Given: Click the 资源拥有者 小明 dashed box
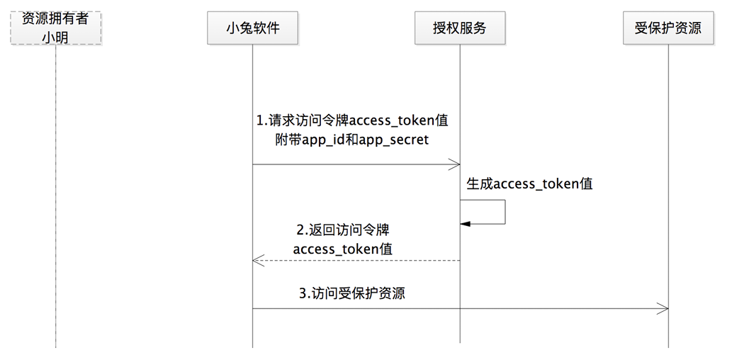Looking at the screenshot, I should [x=55, y=28].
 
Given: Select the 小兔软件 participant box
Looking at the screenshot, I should [x=252, y=28].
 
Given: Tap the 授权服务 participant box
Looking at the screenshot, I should [x=460, y=28].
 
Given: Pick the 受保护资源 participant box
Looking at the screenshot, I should [x=668, y=28].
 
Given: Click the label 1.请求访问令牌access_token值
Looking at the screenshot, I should [x=352, y=121].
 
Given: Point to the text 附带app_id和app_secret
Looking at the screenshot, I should [x=352, y=140].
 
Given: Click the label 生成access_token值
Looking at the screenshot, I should [x=529, y=184].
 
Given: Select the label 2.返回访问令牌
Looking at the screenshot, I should [x=343, y=230].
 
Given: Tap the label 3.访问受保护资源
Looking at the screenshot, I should [x=351, y=293].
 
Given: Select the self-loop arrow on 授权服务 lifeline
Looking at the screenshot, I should [x=505, y=212].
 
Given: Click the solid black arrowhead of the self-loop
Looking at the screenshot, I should [x=465, y=224].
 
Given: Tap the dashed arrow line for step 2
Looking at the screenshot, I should [x=354, y=261].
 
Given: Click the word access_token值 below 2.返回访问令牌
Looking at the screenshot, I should [x=343, y=249].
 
